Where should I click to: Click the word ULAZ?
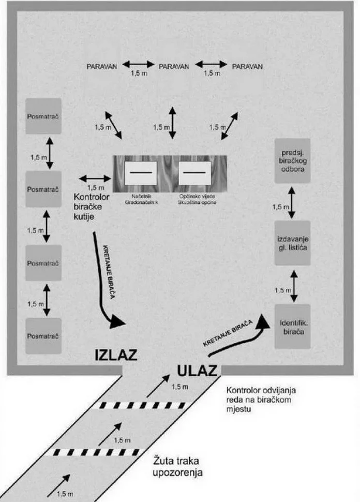(x=199, y=371)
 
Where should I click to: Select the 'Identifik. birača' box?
(x=292, y=327)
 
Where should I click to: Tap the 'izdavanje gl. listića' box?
(x=292, y=243)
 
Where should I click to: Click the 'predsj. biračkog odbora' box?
(x=292, y=160)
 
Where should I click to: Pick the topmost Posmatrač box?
(x=43, y=116)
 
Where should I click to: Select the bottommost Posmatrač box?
(x=43, y=336)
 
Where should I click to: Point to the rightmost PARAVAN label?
(x=247, y=66)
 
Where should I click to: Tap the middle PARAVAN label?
(x=174, y=66)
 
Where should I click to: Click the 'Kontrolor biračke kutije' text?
(x=97, y=206)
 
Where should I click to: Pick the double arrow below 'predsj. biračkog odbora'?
(x=292, y=202)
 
